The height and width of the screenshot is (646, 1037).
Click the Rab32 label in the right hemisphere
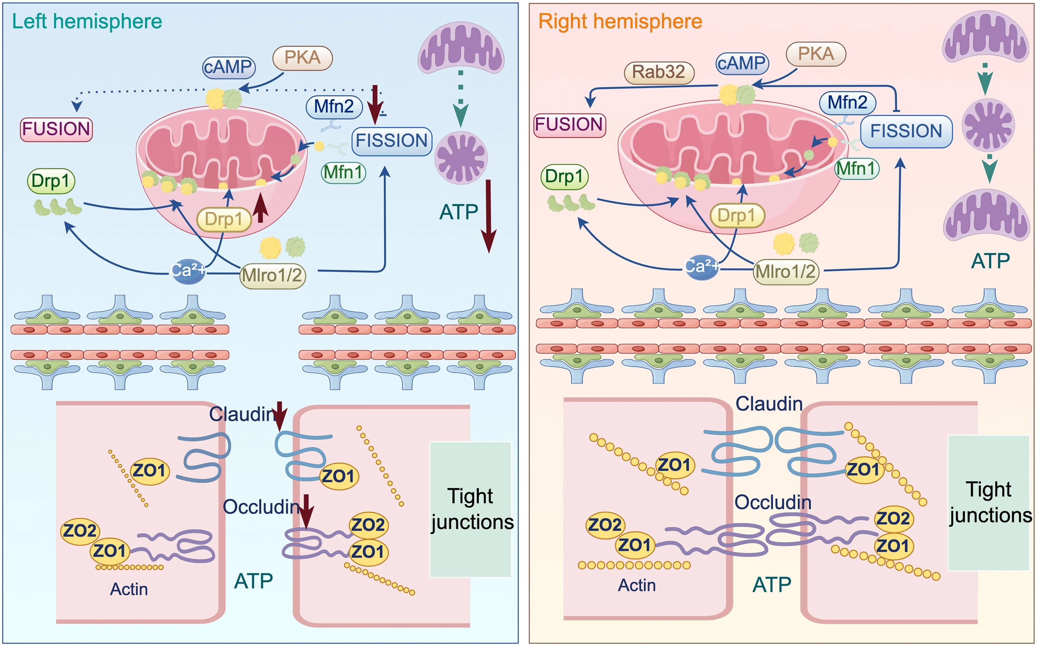(x=658, y=72)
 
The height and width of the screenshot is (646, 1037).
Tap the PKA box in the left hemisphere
(x=302, y=58)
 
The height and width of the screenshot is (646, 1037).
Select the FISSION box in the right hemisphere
(x=906, y=131)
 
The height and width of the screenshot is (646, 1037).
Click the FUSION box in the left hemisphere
(x=56, y=129)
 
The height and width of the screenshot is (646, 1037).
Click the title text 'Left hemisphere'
(x=87, y=21)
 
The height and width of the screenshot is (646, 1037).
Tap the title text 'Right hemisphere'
(x=620, y=21)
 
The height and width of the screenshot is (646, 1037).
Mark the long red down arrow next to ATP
(x=488, y=216)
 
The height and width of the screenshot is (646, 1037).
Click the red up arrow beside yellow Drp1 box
(x=260, y=208)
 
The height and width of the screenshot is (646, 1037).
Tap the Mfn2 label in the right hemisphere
(x=847, y=103)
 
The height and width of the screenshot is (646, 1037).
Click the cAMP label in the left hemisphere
(x=228, y=67)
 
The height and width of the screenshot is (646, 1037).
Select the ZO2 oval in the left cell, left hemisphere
(x=80, y=531)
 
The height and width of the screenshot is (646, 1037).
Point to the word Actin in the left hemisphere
(x=129, y=589)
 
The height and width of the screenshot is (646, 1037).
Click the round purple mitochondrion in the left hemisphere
(x=461, y=158)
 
